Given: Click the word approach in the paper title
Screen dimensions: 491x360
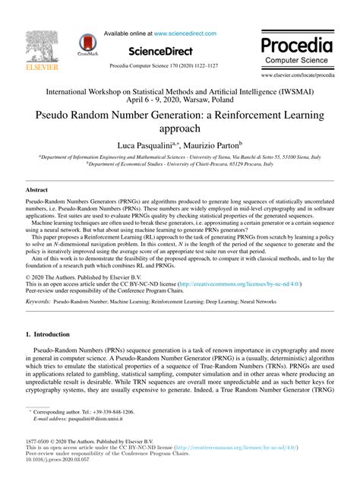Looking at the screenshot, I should click(179, 131).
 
